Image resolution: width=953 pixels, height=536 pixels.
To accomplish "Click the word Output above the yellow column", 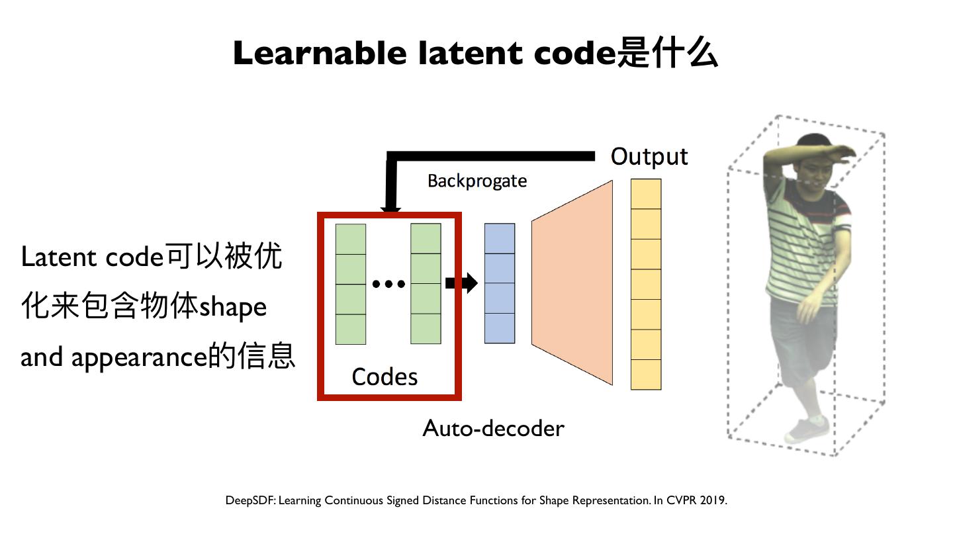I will [x=649, y=157].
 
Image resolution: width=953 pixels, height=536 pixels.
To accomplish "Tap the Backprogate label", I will [x=476, y=181].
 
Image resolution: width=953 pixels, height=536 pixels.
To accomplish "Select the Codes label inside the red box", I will [x=385, y=377].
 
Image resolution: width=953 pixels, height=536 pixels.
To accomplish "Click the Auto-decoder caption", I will [x=493, y=428].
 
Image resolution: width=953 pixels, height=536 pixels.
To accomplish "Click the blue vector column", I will [x=499, y=283].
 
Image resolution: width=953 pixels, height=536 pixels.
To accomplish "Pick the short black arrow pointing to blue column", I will [x=461, y=283].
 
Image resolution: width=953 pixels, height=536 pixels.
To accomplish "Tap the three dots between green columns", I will [x=388, y=284].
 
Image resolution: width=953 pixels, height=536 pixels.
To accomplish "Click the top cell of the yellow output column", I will [x=645, y=194].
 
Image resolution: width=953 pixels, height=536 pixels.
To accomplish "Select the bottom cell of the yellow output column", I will [x=645, y=374].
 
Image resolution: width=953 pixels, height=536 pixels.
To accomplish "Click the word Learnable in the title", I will [x=320, y=53].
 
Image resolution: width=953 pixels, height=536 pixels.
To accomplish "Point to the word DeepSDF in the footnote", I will [x=250, y=500].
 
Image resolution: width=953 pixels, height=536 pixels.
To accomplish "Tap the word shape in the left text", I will [x=233, y=307].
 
